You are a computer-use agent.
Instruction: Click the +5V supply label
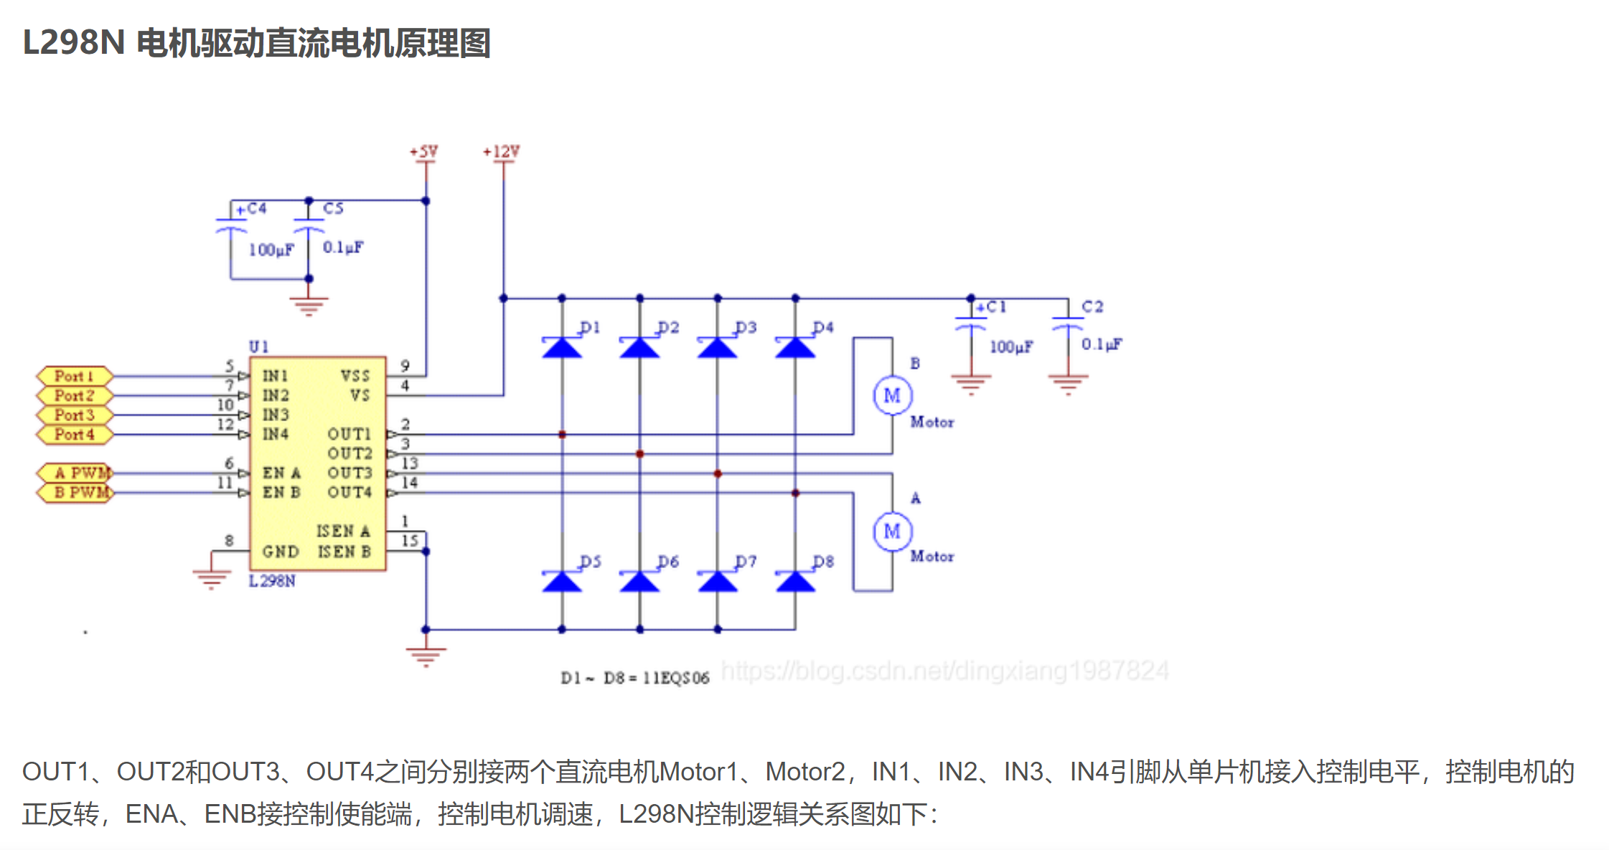click(x=423, y=151)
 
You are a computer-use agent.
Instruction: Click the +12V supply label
click(x=501, y=151)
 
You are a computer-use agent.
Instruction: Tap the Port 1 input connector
click(x=75, y=376)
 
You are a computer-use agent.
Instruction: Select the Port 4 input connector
click(x=75, y=434)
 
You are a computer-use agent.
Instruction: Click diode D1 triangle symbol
click(x=562, y=348)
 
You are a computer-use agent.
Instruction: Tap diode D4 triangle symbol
click(x=795, y=348)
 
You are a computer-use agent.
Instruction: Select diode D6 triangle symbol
click(x=639, y=582)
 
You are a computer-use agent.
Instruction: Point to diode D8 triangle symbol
click(x=795, y=582)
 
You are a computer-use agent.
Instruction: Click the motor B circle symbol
click(x=892, y=395)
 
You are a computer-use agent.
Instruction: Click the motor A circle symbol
click(x=892, y=532)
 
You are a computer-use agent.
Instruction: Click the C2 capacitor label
click(x=1092, y=306)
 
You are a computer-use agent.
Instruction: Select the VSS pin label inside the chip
click(x=355, y=376)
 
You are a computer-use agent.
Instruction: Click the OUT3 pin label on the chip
click(x=350, y=473)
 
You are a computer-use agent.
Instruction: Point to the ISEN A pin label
click(x=343, y=531)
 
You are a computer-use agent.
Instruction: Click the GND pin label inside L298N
click(x=280, y=552)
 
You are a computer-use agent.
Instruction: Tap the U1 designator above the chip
click(x=258, y=346)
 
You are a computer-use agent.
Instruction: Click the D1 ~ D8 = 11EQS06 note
click(x=634, y=678)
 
